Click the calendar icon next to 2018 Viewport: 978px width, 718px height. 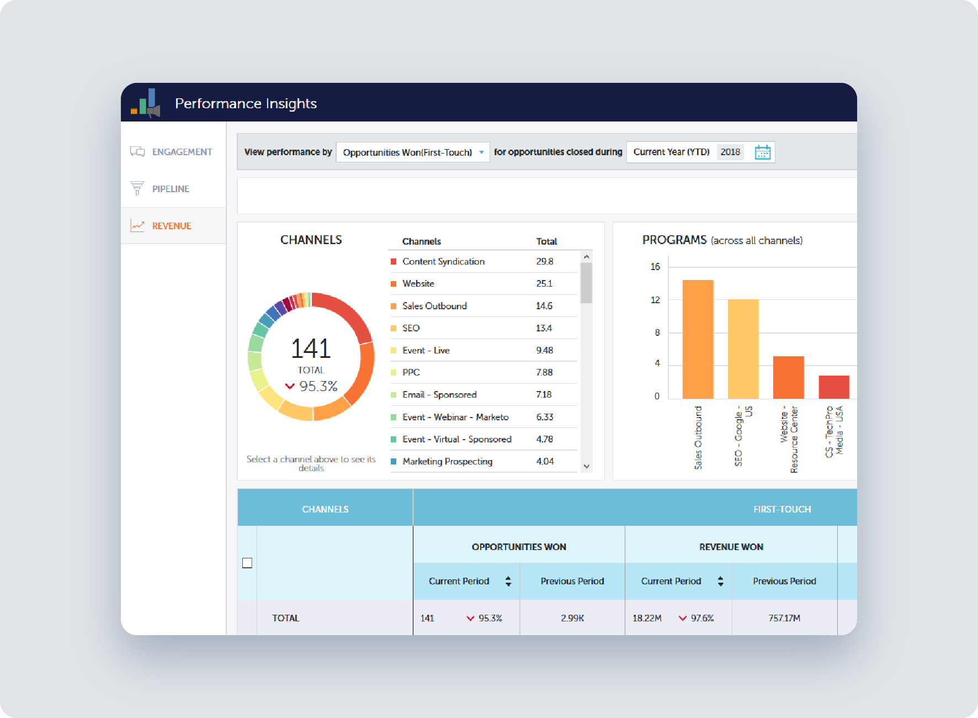pyautogui.click(x=762, y=152)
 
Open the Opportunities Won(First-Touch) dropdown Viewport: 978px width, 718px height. pyautogui.click(x=412, y=152)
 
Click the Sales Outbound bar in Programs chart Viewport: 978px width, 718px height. pyautogui.click(x=698, y=339)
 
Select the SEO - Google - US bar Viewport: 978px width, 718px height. pyautogui.click(x=743, y=349)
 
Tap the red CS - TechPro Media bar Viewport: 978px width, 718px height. pyautogui.click(x=833, y=387)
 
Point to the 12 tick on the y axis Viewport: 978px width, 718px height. pyautogui.click(x=655, y=300)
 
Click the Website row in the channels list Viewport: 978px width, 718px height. pyautogui.click(x=418, y=283)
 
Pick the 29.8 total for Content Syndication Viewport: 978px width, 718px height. pyautogui.click(x=544, y=261)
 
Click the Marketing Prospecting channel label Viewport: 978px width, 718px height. pyautogui.click(x=447, y=461)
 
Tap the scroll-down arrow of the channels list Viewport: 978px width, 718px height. pyautogui.click(x=586, y=466)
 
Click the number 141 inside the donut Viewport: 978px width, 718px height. pyautogui.click(x=311, y=349)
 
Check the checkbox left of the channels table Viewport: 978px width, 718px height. pyautogui.click(x=247, y=563)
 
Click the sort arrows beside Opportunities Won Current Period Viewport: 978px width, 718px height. pyautogui.click(x=508, y=581)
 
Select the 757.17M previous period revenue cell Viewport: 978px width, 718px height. pyautogui.click(x=784, y=618)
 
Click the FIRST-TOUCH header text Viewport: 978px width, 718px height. pyautogui.click(x=782, y=509)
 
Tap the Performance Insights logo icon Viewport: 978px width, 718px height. pyautogui.click(x=146, y=103)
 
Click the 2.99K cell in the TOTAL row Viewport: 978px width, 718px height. pyautogui.click(x=572, y=618)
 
